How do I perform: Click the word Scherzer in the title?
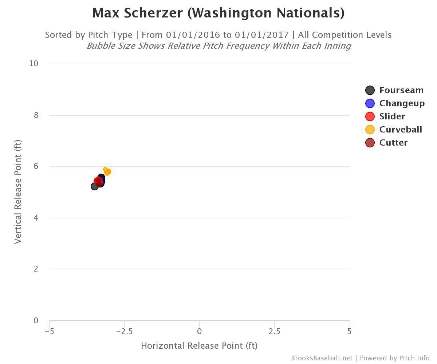[153, 13]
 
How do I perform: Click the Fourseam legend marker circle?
[370, 90]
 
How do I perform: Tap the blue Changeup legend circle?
[370, 103]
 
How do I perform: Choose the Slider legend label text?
[392, 116]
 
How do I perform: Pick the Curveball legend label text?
[401, 130]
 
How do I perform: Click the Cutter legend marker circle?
[370, 143]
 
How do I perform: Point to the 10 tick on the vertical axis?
[34, 63]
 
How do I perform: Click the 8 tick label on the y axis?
[36, 115]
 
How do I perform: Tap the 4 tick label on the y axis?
[36, 218]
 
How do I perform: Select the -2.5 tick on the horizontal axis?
[124, 331]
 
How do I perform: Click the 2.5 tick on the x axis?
[274, 331]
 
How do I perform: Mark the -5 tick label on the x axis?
[50, 331]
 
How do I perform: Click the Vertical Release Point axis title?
[18, 192]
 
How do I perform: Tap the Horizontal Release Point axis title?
[199, 346]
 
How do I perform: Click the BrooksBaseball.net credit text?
[322, 358]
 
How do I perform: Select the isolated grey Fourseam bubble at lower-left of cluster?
[95, 186]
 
